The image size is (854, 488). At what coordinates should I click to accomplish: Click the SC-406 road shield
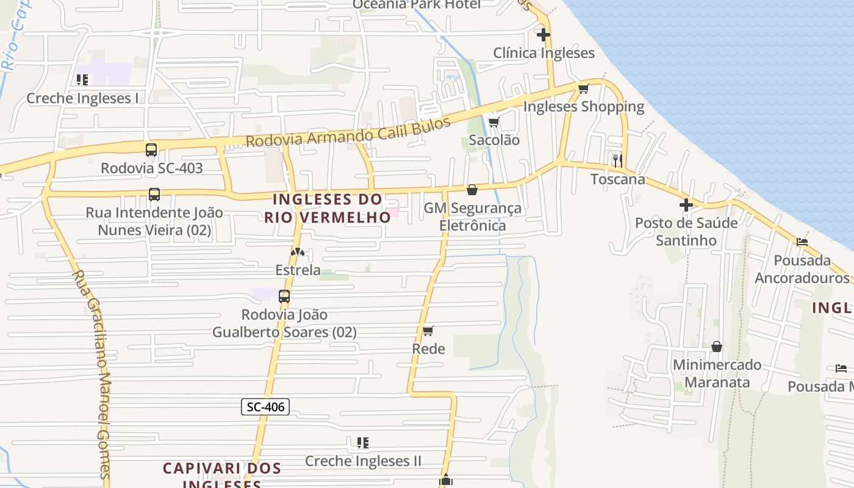point(265,407)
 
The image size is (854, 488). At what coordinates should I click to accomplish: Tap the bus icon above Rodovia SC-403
point(151,149)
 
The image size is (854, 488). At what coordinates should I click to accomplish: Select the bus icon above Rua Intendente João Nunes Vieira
point(154,195)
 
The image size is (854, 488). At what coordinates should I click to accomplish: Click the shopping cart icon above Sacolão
point(494,122)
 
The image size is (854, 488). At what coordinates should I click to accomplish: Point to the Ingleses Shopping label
point(584,107)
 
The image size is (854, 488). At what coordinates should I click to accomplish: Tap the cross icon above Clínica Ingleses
point(543,35)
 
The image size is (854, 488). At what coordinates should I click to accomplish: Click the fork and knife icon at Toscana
point(618,160)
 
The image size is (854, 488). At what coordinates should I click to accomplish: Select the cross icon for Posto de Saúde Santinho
point(686,205)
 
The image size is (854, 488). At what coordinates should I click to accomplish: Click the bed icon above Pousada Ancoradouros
point(802,242)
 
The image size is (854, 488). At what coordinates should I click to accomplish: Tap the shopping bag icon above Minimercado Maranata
point(717,346)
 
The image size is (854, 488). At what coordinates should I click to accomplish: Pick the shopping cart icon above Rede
point(428,331)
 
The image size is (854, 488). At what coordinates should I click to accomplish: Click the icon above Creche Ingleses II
point(363,442)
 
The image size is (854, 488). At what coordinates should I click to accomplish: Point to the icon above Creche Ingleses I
point(82,79)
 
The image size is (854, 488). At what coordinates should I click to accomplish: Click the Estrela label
point(298,270)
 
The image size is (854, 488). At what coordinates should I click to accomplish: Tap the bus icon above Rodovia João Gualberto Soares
point(284,296)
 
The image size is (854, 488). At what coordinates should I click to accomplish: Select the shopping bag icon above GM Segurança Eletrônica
point(472,190)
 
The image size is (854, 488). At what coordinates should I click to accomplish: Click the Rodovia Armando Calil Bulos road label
point(348,131)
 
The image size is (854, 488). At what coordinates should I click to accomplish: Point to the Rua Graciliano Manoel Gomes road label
point(91,372)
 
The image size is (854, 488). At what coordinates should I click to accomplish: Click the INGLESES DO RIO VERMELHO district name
point(328,208)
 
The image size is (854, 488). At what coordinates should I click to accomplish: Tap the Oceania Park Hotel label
point(417,5)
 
